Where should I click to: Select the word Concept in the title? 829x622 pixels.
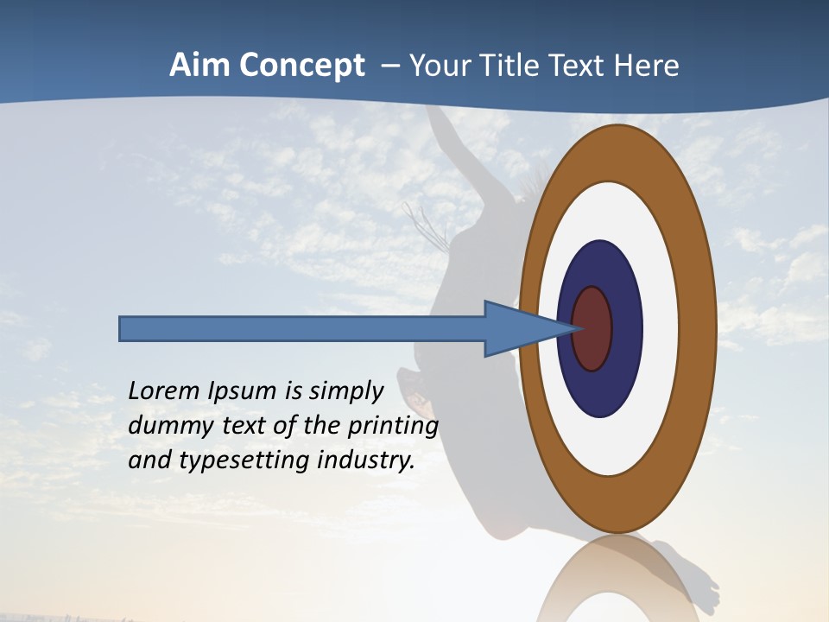[301, 66]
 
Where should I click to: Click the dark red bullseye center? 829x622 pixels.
[592, 328]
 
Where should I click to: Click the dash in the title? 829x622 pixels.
[390, 66]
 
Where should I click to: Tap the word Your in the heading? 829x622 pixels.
[437, 66]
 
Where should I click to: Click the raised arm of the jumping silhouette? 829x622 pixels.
[452, 143]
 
